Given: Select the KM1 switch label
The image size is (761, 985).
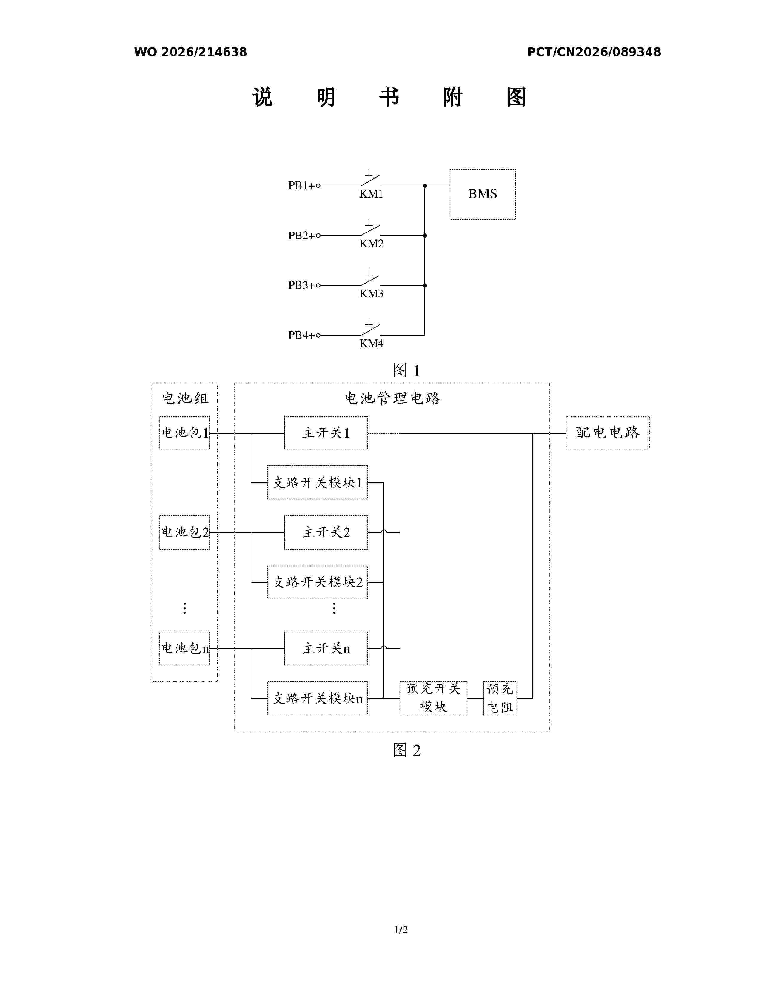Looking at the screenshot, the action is tap(371, 194).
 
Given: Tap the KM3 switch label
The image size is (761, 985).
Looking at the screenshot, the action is tap(371, 294).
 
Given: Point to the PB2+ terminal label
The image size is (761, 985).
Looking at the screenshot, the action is tap(302, 236).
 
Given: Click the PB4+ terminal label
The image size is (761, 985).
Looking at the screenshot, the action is tap(302, 335).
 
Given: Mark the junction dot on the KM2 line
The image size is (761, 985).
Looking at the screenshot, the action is tap(425, 236).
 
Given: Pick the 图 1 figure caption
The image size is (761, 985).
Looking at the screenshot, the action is tap(406, 370).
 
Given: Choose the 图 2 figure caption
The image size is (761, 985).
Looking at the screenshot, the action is tap(406, 750).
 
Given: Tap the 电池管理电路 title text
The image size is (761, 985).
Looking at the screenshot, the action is tap(392, 398).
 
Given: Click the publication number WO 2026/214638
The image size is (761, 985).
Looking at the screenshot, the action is tap(190, 52).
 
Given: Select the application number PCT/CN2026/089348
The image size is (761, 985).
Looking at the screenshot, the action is tap(594, 52).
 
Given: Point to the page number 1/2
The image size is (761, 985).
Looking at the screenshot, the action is tap(401, 929).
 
